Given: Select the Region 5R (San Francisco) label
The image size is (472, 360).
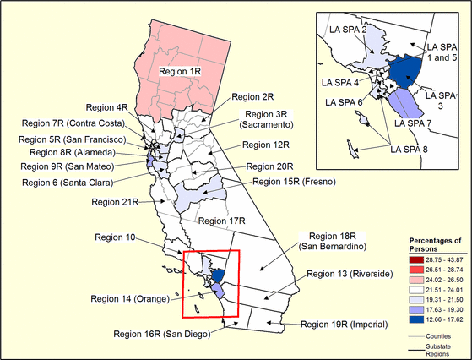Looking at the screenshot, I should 72,139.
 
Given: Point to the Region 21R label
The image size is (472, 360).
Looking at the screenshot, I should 117,202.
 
